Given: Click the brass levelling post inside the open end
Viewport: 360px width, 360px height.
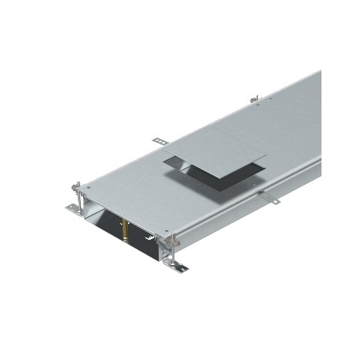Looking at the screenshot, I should (x=125, y=230).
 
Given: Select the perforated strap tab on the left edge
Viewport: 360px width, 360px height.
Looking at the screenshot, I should (x=161, y=141).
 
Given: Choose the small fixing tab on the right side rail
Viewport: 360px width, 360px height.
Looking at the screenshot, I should (x=267, y=198).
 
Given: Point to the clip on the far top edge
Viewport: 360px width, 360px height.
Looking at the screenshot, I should (x=254, y=100).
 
